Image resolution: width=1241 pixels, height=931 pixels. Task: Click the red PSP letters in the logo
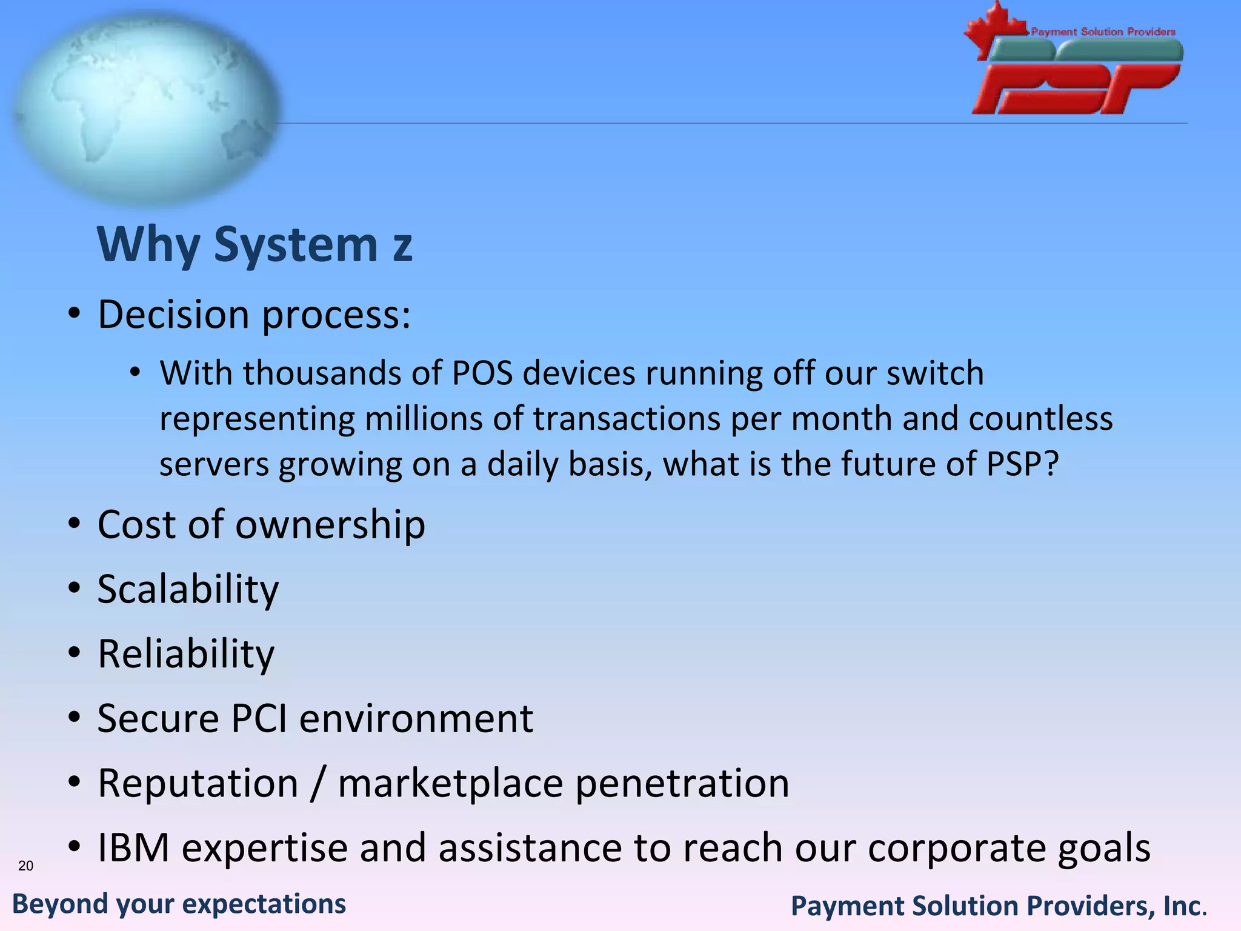(1076, 89)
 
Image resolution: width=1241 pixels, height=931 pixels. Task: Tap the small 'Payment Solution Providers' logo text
(1103, 32)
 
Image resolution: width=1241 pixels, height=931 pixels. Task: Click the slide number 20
(25, 866)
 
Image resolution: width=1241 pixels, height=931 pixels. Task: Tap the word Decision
(173, 315)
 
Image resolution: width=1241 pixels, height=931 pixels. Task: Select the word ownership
(330, 525)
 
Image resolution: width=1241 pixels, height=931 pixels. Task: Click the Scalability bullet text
(188, 589)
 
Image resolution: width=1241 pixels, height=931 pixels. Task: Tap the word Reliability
(186, 655)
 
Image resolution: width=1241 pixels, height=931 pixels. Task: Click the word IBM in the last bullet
(133, 847)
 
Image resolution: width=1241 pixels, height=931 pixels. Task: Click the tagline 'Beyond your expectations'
(179, 904)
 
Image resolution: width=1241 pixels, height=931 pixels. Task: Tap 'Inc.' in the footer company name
(1185, 906)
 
